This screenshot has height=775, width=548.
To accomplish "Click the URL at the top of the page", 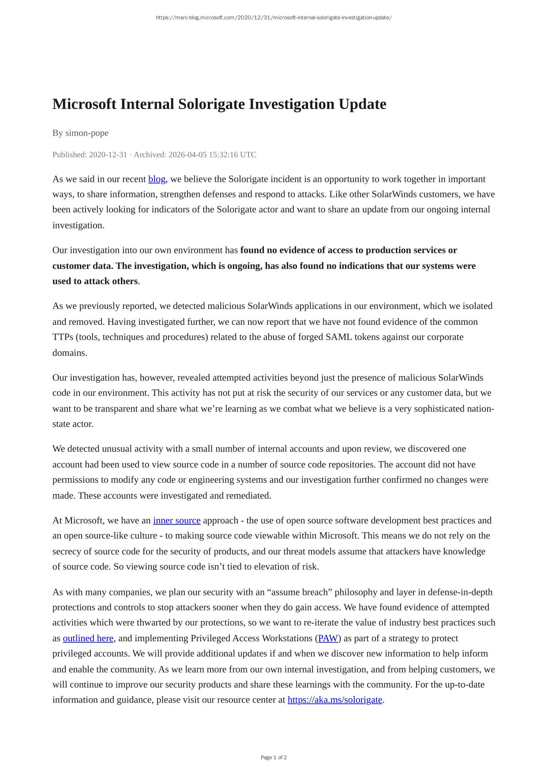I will (x=274, y=18).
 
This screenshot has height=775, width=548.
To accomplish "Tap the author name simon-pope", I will (x=87, y=133).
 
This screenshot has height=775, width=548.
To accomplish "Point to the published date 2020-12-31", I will (x=108, y=154).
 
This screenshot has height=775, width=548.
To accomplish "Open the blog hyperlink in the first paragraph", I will (x=157, y=179).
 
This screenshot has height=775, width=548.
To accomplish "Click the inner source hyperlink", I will (x=176, y=520).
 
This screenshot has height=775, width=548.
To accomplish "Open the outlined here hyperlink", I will (x=88, y=638).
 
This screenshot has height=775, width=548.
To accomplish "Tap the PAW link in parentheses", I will (x=328, y=638).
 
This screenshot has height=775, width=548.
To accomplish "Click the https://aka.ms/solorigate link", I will (x=335, y=700).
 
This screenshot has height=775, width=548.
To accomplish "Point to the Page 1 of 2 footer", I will (x=274, y=757).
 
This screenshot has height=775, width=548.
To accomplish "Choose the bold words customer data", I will (x=82, y=266).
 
